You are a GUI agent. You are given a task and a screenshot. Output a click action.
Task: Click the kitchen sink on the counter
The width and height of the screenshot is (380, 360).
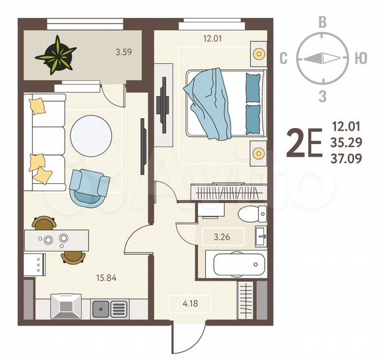pos(102,308)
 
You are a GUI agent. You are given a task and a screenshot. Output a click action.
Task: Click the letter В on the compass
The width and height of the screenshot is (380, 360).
pos(323,21)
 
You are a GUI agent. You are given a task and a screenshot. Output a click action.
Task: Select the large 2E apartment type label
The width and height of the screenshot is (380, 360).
pos(304,143)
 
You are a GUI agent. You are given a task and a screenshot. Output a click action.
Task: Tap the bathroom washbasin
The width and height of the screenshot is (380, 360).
pos(262,234)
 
